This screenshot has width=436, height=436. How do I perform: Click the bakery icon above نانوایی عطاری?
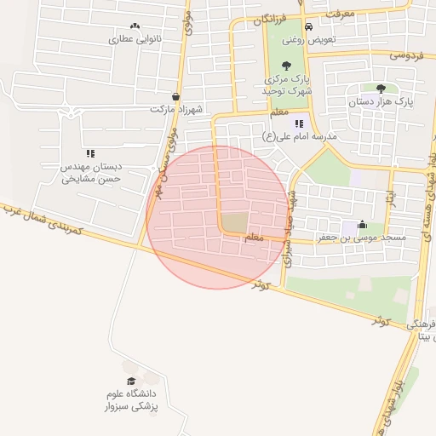click(135, 26)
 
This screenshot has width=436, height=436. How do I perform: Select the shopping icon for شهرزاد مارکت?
click(175, 97)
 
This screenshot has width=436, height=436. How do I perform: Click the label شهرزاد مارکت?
click(173, 110)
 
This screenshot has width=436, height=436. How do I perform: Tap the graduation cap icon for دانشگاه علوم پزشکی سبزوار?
click(131, 381)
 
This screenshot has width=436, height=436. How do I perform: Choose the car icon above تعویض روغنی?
click(284, 26)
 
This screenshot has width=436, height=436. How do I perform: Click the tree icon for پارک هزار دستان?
click(380, 88)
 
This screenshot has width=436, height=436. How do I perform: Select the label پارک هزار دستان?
click(381, 101)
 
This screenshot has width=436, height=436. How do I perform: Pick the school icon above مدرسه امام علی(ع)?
click(299, 123)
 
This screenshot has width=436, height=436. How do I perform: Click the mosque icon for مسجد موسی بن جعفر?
click(363, 226)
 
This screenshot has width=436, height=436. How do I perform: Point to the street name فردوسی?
click(407, 54)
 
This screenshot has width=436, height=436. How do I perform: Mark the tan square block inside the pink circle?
click(236, 221)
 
